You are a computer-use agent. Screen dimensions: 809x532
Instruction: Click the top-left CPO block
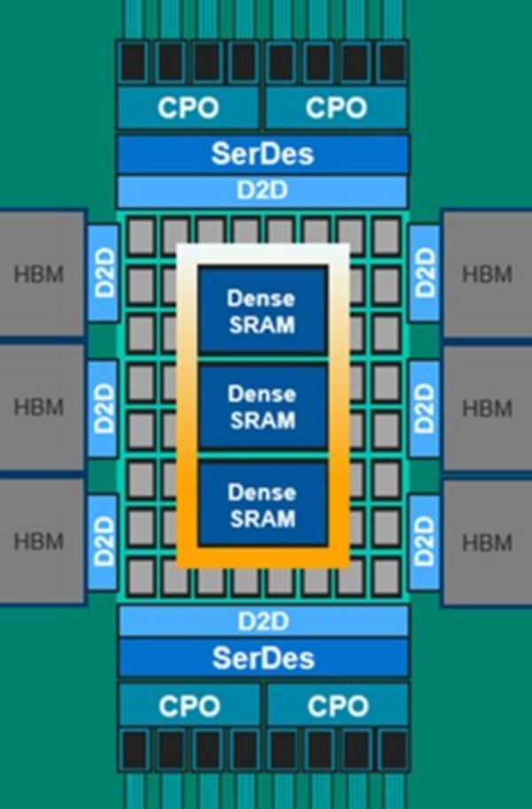pos(188,107)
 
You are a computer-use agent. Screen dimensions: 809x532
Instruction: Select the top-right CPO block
pos(336,107)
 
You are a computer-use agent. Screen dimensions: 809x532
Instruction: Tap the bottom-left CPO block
pos(188,706)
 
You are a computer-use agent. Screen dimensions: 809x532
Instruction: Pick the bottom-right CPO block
pos(337,706)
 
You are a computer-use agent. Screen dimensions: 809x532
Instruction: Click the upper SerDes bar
pos(262,153)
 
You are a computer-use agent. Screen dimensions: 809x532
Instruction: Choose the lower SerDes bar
pos(262,657)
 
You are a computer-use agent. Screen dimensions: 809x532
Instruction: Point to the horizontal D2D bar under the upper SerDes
pos(262,191)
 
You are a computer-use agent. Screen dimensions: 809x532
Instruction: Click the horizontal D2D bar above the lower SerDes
pos(262,619)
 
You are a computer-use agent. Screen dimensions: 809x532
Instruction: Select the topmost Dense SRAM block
pos(262,310)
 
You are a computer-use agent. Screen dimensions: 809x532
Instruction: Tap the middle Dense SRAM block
pos(262,406)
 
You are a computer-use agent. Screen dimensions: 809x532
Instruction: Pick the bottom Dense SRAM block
pos(262,504)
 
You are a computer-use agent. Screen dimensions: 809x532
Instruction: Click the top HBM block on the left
pos(40,273)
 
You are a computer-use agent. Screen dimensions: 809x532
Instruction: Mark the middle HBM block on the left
pos(40,408)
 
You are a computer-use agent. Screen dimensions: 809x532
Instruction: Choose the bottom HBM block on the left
pos(40,542)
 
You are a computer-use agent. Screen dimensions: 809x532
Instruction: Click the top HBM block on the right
pos(487,273)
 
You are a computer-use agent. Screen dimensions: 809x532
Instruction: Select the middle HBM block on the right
pos(487,408)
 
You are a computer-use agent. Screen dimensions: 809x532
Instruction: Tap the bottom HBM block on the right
pos(487,542)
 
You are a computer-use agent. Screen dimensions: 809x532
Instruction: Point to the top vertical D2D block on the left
pos(104,273)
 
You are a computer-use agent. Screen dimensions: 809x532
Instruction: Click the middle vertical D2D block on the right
pos(424,408)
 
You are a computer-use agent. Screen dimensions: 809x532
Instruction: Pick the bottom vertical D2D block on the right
pos(424,542)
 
